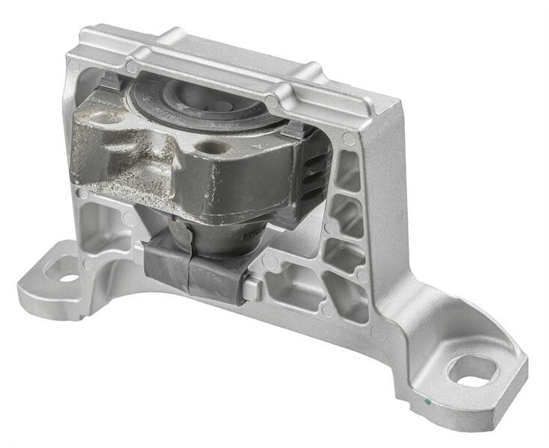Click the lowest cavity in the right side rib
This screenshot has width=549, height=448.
tap(344, 298)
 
